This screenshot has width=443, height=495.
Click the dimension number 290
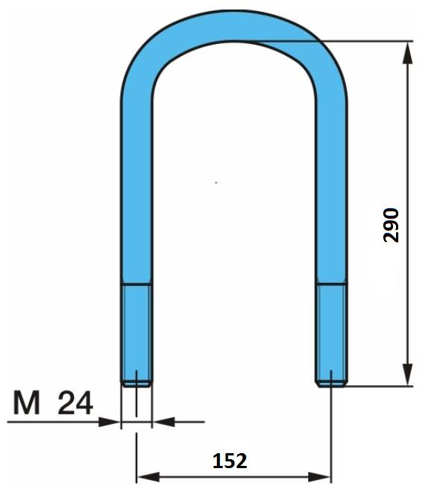coord(392,225)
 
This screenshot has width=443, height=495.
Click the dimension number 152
coord(230,461)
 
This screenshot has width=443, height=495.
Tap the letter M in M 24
coord(27,402)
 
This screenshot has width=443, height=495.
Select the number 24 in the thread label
coord(75,402)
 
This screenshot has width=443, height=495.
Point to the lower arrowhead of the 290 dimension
coord(408,374)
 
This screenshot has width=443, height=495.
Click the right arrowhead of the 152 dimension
coord(319,476)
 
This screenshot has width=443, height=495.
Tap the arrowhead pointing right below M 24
coord(109,422)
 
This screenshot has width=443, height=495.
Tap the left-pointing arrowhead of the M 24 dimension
coord(163,421)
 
